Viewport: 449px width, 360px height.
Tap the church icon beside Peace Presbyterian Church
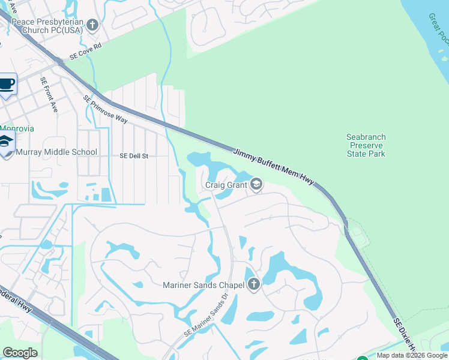pos(92,25)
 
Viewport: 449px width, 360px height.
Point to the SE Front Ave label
pos(49,95)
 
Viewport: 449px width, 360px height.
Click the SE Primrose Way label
pos(106,109)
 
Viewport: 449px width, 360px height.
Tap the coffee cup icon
pos(7,84)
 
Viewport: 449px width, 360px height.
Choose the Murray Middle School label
pos(56,152)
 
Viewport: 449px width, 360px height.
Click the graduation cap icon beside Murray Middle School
pos(5,143)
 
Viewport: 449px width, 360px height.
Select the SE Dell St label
pos(134,156)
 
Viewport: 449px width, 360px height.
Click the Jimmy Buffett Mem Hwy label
pos(273,167)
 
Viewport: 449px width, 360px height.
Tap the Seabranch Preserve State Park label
pos(366,146)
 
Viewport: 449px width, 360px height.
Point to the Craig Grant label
pos(226,185)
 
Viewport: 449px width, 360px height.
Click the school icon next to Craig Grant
pos(256,184)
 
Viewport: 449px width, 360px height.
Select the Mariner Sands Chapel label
pos(203,285)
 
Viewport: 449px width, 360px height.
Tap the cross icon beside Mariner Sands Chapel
pos(253,284)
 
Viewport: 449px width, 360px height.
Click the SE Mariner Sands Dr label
pos(206,322)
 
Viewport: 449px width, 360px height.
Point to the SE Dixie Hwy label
pos(406,337)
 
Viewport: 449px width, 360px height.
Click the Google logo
pos(20,353)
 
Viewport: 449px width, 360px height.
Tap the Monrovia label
pos(17,128)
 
